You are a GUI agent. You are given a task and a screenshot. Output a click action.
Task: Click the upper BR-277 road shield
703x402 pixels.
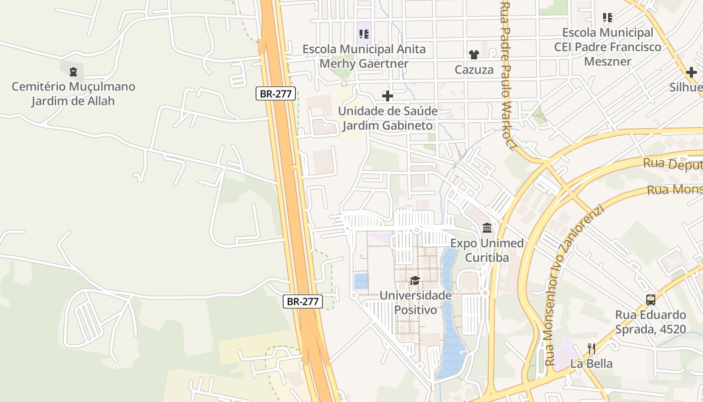pyautogui.click(x=276, y=93)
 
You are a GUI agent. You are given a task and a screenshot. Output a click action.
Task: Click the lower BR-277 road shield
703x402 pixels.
pyautogui.click(x=303, y=301)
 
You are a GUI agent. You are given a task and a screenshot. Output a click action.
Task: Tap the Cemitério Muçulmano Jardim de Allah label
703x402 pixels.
pyautogui.click(x=73, y=93)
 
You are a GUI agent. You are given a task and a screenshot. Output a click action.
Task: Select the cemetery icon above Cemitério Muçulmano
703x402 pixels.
pyautogui.click(x=73, y=71)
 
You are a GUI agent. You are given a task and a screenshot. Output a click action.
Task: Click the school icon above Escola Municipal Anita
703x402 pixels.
pyautogui.click(x=364, y=34)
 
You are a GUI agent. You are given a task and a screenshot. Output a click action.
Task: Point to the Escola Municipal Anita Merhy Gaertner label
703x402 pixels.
pyautogui.click(x=364, y=56)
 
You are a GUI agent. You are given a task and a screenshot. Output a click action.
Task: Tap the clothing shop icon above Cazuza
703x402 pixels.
pyautogui.click(x=474, y=54)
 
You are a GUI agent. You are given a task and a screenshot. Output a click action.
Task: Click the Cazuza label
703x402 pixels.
pyautogui.click(x=474, y=70)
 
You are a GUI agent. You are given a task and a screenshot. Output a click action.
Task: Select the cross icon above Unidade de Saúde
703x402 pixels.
pyautogui.click(x=387, y=95)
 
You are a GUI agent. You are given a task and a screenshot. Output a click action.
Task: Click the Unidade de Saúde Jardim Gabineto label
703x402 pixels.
pyautogui.click(x=387, y=118)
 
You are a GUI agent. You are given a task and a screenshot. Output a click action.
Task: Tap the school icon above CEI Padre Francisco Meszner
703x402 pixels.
pyautogui.click(x=608, y=18)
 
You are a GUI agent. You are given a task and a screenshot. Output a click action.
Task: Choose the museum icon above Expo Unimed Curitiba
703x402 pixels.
pyautogui.click(x=487, y=228)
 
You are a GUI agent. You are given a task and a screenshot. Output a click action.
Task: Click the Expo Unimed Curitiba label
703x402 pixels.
pyautogui.click(x=487, y=250)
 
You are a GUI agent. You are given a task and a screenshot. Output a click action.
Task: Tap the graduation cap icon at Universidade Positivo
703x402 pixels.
pyautogui.click(x=415, y=280)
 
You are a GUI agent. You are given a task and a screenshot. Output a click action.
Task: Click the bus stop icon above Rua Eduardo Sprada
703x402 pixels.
pyautogui.click(x=650, y=300)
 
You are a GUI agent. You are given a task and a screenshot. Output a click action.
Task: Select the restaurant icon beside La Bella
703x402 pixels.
pyautogui.click(x=592, y=348)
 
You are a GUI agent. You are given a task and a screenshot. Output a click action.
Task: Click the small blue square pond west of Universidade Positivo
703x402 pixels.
pyautogui.click(x=361, y=281)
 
